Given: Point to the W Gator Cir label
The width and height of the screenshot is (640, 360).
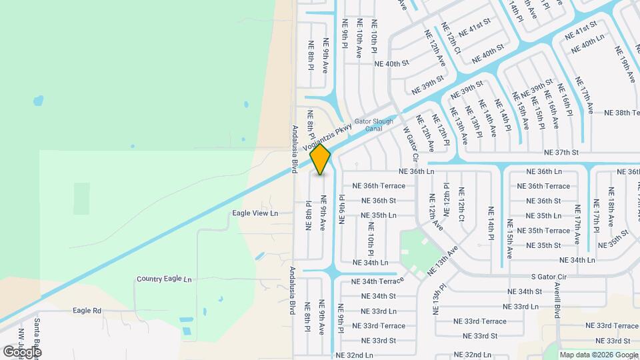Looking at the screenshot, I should (x=409, y=143).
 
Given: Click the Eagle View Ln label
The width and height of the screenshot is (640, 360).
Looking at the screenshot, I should (x=254, y=213).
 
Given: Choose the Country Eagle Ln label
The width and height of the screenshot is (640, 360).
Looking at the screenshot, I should (x=164, y=279).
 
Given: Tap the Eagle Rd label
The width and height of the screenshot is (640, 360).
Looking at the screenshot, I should (x=87, y=311).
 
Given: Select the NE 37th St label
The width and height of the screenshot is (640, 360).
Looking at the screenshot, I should (x=561, y=152).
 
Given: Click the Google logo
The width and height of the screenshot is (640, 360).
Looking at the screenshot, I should (x=22, y=351).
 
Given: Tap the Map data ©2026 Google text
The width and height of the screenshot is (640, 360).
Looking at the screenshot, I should (x=598, y=355).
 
